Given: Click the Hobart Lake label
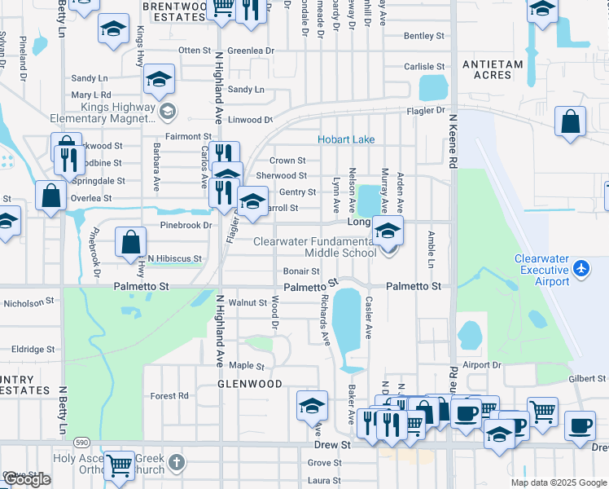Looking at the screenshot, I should click(346, 139).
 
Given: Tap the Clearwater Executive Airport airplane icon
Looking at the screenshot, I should click(581, 267).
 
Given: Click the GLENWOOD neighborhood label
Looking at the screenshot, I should click(249, 383).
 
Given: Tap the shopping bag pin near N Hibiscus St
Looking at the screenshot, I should click(130, 242).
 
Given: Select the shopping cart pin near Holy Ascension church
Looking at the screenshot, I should click(120, 465).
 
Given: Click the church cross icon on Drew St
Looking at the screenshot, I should click(177, 464).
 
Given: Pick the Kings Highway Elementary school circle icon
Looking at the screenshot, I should click(168, 110).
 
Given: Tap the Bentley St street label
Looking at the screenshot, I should click(424, 36).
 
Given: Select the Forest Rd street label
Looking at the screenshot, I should click(169, 396).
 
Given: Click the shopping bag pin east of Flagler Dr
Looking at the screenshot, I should click(571, 121).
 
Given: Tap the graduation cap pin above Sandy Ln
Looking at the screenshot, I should click(159, 78).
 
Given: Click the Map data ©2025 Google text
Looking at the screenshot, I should click(559, 482).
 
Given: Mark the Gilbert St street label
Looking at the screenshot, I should click(587, 379).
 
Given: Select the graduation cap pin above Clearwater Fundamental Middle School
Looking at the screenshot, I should click(388, 230).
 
